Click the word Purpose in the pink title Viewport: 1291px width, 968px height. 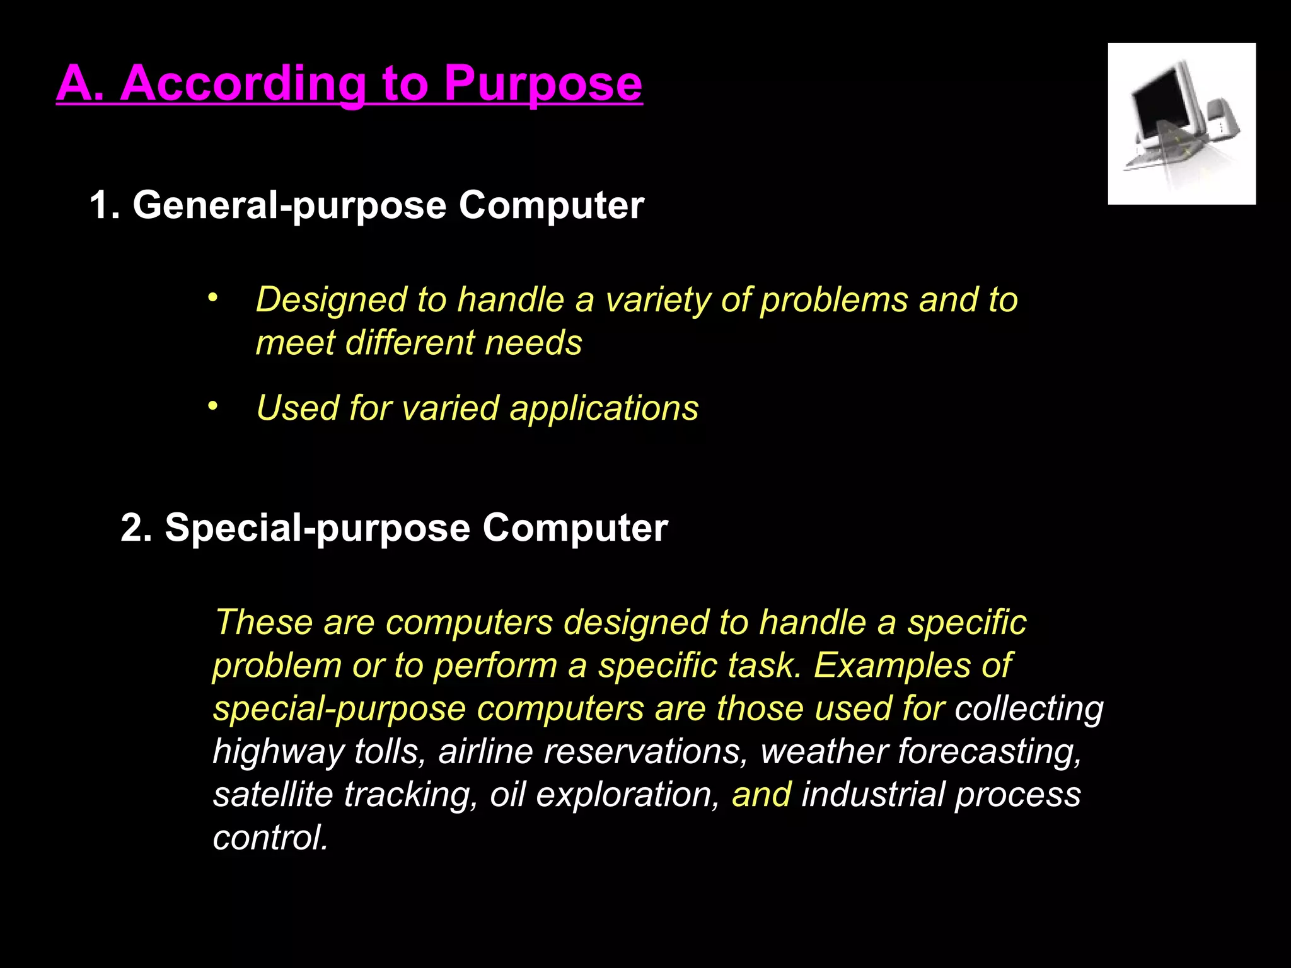coord(543,84)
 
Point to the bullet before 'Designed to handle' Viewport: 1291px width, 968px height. coord(212,297)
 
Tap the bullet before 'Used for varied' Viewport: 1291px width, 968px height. coord(212,406)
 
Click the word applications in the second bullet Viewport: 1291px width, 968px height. coord(604,408)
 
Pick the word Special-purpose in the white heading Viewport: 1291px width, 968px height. coord(317,527)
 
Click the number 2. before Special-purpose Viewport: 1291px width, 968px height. coord(137,527)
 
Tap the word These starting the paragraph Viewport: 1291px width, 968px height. coord(263,623)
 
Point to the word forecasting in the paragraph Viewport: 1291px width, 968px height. coord(989,752)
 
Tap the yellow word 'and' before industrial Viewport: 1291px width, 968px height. coord(761,795)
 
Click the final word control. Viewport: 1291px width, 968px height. coord(270,838)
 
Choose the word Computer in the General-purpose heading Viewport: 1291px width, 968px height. coord(551,205)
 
